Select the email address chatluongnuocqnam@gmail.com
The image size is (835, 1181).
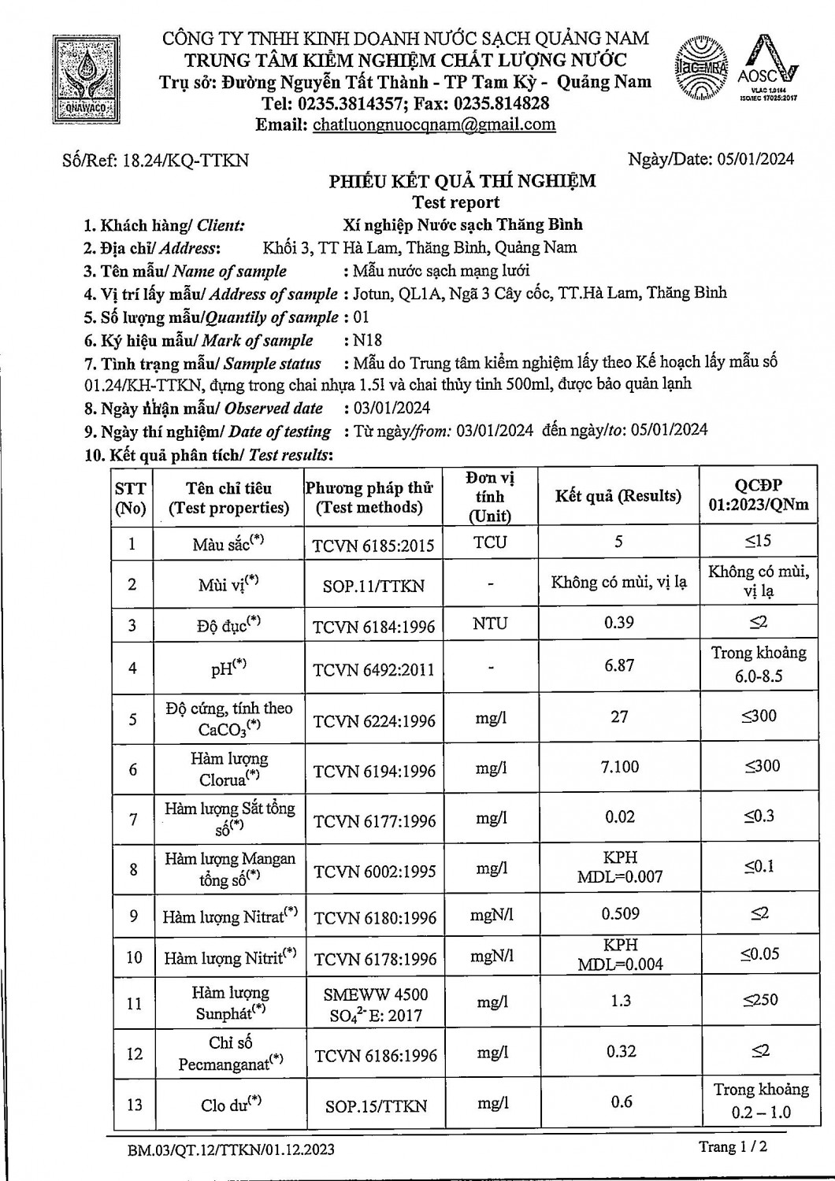click(434, 124)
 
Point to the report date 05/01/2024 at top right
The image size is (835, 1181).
click(755, 159)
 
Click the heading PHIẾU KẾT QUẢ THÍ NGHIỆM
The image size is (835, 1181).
click(462, 181)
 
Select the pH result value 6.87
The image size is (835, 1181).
click(619, 665)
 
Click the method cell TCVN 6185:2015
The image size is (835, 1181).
click(373, 545)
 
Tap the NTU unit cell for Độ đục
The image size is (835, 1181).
click(490, 624)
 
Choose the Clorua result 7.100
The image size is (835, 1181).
click(620, 767)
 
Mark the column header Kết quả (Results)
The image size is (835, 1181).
click(618, 496)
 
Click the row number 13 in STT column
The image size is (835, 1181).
click(134, 1105)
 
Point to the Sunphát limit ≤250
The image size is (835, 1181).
click(759, 1000)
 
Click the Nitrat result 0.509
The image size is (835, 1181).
click(621, 914)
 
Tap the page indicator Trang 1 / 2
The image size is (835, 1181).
click(733, 1147)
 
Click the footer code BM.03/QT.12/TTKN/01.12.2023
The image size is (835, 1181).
click(231, 1150)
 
